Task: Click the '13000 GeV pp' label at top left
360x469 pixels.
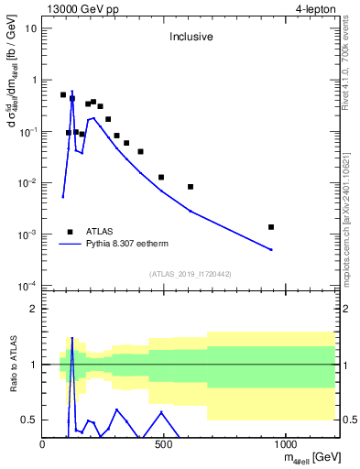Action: click(78, 8)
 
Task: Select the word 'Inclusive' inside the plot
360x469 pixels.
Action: click(191, 38)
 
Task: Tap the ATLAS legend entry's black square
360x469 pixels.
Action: click(70, 233)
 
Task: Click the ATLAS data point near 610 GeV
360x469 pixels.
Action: click(191, 187)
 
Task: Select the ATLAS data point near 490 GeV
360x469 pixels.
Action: click(161, 177)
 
